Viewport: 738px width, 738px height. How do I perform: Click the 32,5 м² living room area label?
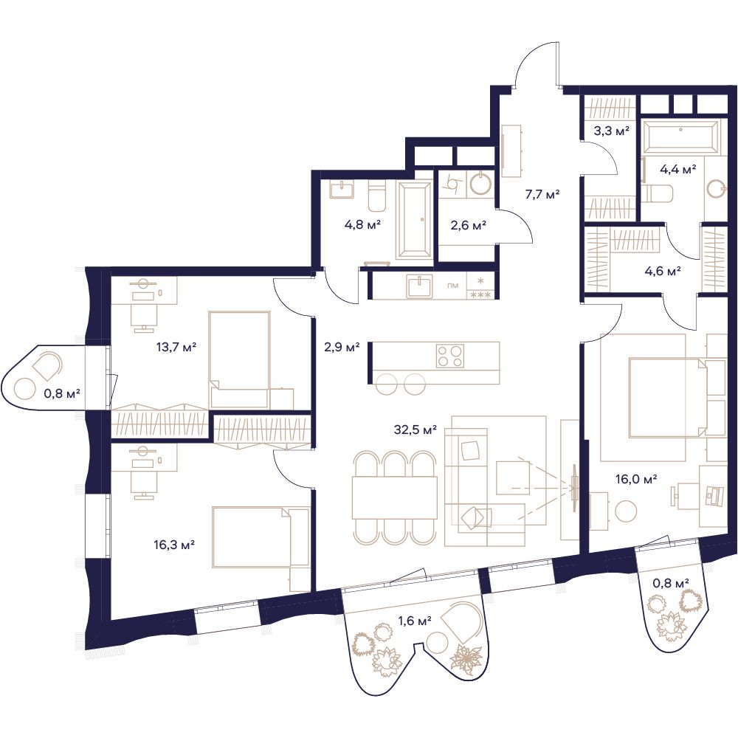pyautogui.click(x=415, y=430)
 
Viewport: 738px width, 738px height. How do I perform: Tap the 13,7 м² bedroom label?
pyautogui.click(x=176, y=348)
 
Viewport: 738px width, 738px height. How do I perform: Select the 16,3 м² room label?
pyautogui.click(x=174, y=545)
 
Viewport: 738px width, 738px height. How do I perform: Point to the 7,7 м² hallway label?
pyautogui.click(x=542, y=194)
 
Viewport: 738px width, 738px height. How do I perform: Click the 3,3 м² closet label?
pyautogui.click(x=611, y=131)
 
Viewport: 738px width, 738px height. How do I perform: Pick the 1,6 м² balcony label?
pyautogui.click(x=415, y=621)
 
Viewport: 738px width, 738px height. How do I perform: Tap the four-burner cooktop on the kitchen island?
pyautogui.click(x=450, y=356)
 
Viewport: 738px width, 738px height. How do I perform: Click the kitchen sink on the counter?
pyautogui.click(x=420, y=286)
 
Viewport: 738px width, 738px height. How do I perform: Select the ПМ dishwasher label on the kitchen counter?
pyautogui.click(x=453, y=285)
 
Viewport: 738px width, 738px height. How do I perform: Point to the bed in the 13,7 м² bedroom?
pyautogui.click(x=240, y=359)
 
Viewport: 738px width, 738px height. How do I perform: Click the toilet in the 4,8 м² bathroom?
pyautogui.click(x=377, y=199)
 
